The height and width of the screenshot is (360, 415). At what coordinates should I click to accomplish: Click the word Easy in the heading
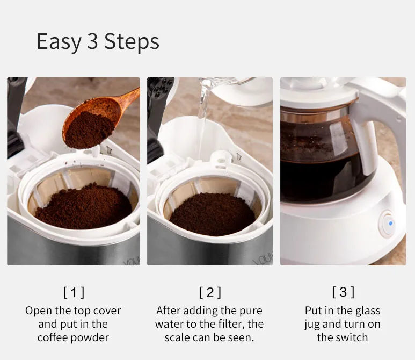coord(59,42)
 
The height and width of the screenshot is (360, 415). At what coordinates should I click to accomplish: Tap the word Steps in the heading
coord(132,42)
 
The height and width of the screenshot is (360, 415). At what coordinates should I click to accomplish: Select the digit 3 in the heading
coord(93,41)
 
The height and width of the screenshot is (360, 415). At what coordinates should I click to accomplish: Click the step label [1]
coord(74,292)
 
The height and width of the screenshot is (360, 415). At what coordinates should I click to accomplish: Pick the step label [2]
coord(210,292)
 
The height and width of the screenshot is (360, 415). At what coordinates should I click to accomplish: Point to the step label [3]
coord(343,292)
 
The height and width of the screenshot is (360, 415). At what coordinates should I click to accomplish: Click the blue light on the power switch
coord(391,224)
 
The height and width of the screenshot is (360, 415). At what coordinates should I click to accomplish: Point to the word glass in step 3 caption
coord(368,311)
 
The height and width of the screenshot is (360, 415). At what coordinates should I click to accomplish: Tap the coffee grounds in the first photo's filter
coord(84,207)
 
